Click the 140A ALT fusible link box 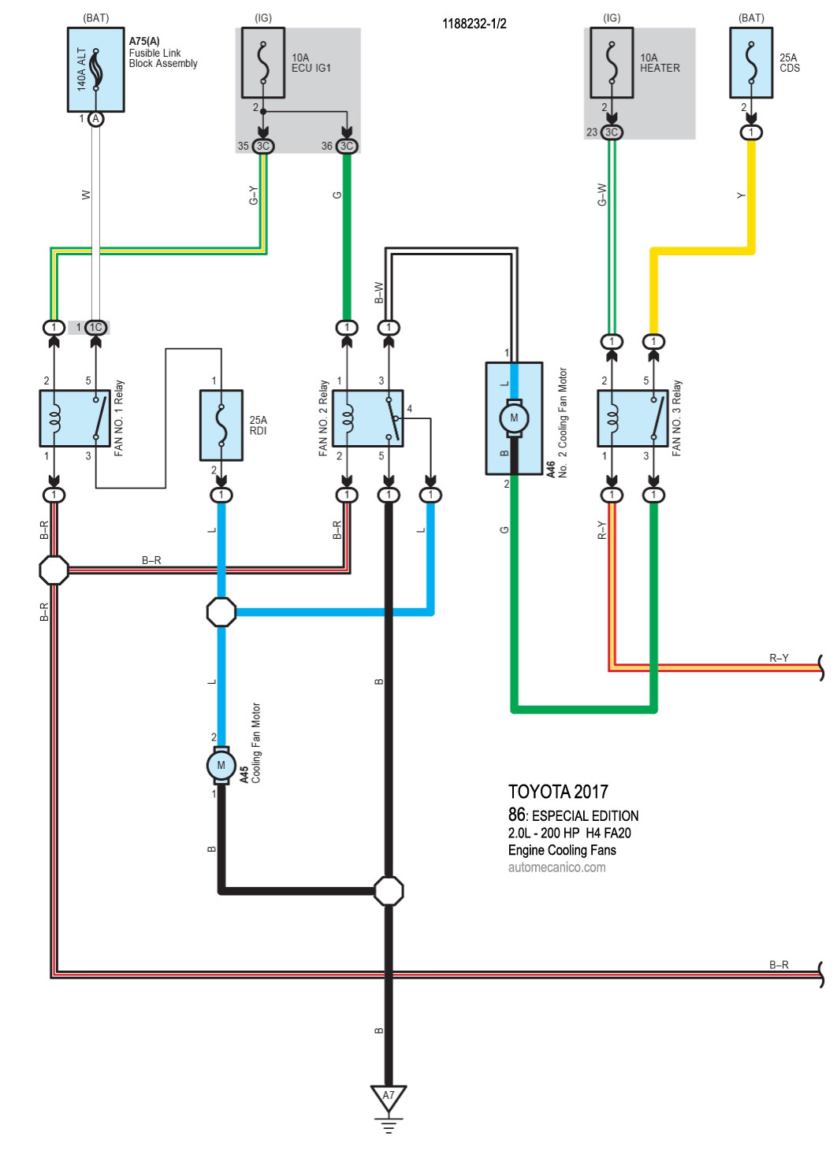95,69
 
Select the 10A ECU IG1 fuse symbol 263,63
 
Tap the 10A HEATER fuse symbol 612,63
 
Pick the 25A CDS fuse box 751,63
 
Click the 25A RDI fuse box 221,425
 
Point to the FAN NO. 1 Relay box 75,418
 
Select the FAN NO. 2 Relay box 367,418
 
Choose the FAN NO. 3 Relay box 633,418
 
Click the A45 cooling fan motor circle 221,765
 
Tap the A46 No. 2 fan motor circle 514,418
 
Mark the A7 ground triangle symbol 389,1097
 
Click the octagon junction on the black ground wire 389,891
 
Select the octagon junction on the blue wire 221,611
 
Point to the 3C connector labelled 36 347,146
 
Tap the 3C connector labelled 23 612,132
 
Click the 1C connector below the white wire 95,328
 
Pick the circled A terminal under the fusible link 95,119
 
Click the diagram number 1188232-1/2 474,24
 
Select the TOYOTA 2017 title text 558,792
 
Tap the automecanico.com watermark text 556,867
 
